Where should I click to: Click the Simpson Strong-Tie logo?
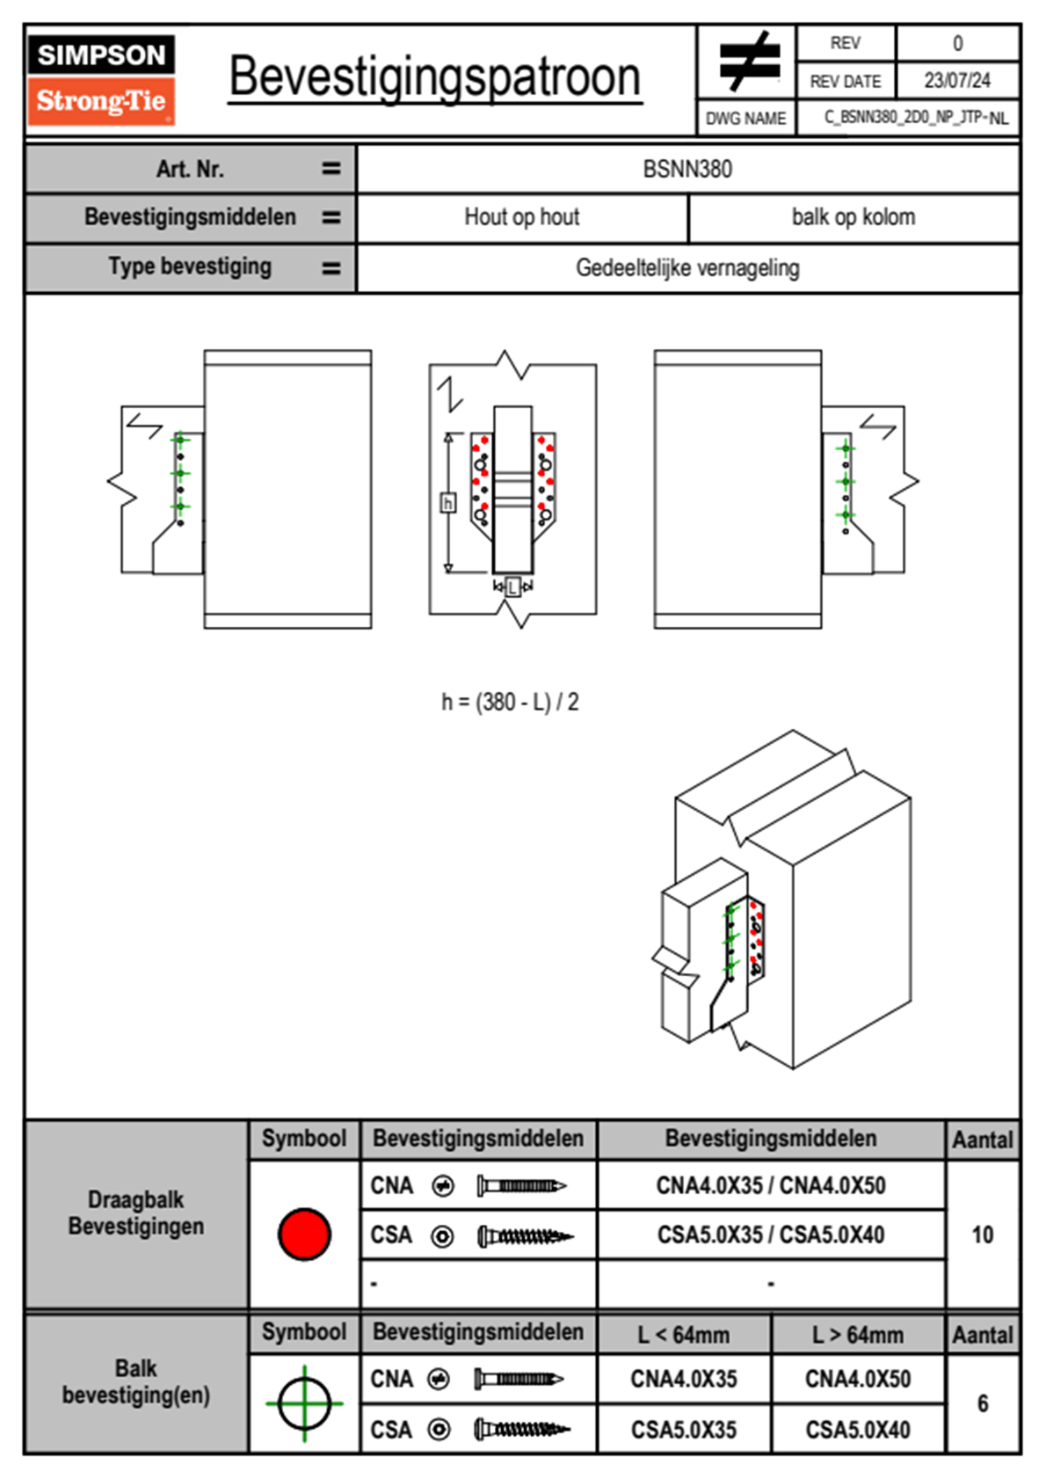[101, 80]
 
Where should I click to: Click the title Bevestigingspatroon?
[434, 77]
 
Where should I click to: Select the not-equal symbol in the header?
[748, 62]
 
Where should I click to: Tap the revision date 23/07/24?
[956, 81]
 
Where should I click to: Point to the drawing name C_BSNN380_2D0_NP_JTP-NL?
[915, 118]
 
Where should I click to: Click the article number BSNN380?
[687, 170]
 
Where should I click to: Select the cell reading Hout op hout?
[521, 217]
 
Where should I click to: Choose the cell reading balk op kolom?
[853, 217]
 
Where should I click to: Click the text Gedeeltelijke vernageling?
[687, 268]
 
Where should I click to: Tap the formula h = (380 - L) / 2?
[510, 702]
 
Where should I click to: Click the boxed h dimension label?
[447, 503]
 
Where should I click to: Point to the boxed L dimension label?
[513, 586]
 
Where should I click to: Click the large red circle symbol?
[304, 1234]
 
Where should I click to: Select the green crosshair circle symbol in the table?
[304, 1403]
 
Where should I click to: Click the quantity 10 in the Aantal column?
[982, 1235]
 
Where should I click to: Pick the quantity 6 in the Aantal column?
[982, 1403]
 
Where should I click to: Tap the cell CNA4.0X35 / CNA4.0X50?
[771, 1185]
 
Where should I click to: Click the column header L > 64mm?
[857, 1335]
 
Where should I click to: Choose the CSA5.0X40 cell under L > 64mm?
[857, 1430]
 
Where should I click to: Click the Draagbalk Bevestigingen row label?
[136, 1213]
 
